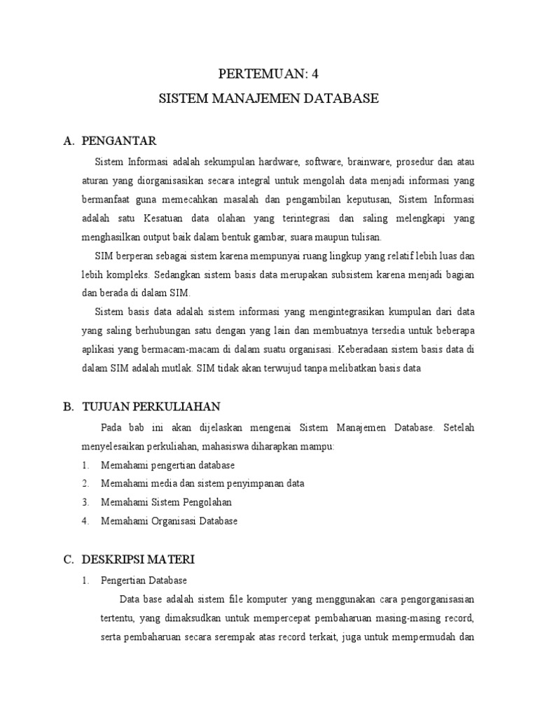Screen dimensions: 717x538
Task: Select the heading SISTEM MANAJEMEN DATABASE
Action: pyautogui.click(x=269, y=99)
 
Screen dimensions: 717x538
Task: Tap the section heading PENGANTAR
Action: pyautogui.click(x=119, y=141)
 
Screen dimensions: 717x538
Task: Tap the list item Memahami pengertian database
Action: pyautogui.click(x=167, y=465)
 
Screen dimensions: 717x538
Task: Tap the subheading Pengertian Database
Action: pyautogui.click(x=144, y=581)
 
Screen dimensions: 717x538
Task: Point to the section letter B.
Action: pyautogui.click(x=68, y=407)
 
